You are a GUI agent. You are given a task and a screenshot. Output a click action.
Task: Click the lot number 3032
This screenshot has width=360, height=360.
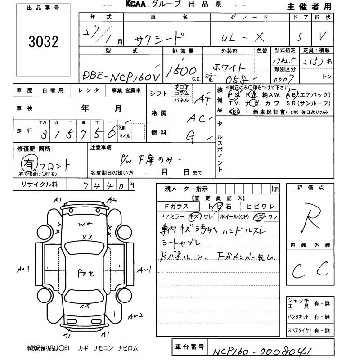pos(43,42)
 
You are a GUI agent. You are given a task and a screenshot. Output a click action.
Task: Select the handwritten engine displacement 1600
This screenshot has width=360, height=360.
pos(183,71)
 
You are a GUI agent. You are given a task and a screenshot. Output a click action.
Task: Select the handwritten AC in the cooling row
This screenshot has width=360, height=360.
pos(198,118)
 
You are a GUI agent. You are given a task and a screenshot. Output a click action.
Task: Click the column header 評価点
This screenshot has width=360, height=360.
pos(310,188)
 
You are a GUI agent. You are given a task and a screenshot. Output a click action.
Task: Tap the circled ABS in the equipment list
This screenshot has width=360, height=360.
pos(234,112)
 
